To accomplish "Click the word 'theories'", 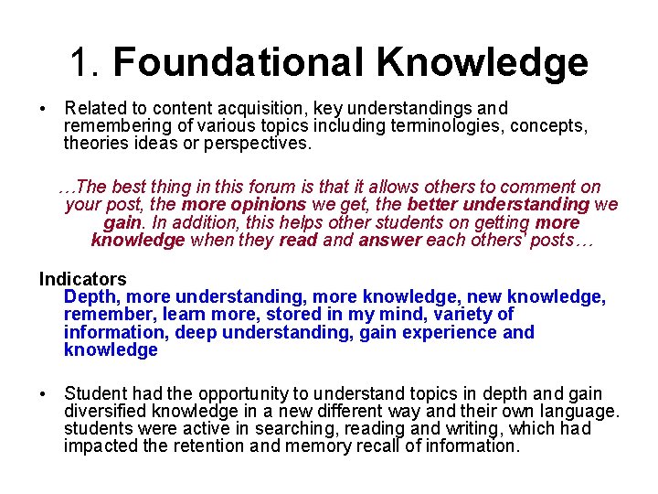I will pyautogui.click(x=95, y=144).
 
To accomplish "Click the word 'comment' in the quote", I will pyautogui.click(x=540, y=187).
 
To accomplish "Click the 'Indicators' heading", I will pyautogui.click(x=82, y=279).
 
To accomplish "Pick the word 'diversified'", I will pyautogui.click(x=108, y=412).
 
